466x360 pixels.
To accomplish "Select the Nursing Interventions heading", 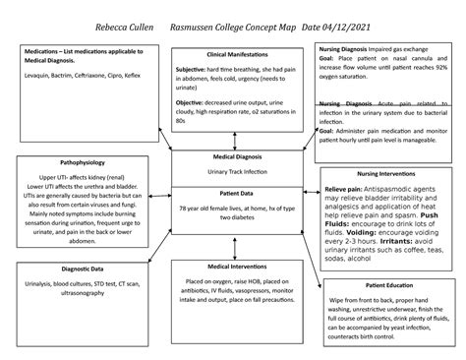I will (387, 173).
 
